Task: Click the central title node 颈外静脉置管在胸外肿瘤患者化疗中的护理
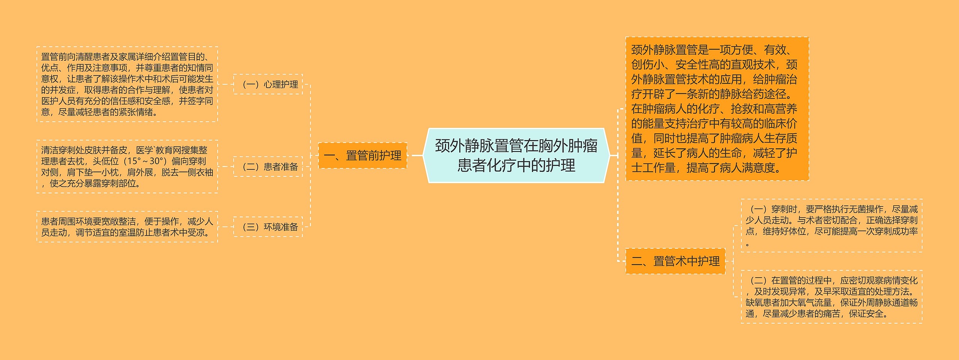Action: coord(516,155)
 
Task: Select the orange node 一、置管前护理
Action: coord(362,155)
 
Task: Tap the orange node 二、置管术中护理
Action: coord(675,261)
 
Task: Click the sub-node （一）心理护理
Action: coord(268,84)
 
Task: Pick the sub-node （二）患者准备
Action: coord(268,167)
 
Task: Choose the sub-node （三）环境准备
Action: coord(268,227)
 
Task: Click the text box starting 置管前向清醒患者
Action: coord(127,84)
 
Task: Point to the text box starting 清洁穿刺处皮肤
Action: coord(127,167)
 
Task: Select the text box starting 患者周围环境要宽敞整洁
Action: coord(127,227)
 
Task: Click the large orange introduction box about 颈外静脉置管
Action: coord(717,109)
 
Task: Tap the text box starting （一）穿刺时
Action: coord(831,226)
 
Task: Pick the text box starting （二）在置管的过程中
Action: coord(831,297)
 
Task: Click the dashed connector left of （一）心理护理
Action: coord(226,84)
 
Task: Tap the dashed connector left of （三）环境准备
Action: coord(226,227)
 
